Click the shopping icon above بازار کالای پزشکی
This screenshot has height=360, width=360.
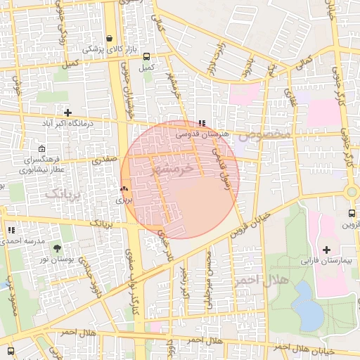[x=109, y=39]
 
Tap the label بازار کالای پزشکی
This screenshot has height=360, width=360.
[x=103, y=49]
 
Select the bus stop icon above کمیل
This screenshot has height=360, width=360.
[x=146, y=57]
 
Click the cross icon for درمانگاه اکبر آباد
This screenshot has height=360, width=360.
[x=67, y=112]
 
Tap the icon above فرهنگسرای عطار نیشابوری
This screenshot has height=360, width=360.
[x=42, y=149]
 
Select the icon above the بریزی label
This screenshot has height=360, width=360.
[x=124, y=188]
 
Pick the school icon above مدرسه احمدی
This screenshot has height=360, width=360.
[x=11, y=230]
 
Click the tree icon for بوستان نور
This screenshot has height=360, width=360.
[x=57, y=248]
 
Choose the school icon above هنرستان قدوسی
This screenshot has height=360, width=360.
[x=202, y=123]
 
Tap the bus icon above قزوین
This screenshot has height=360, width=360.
[x=351, y=214]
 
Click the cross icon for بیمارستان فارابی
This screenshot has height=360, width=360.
[x=326, y=250]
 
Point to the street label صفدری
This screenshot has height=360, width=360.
[x=103, y=160]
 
